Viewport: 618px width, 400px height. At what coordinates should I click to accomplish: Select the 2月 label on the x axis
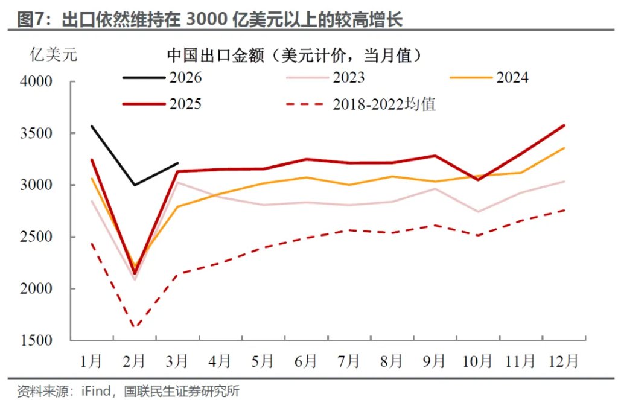(134, 361)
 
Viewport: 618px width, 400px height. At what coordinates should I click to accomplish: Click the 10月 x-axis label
(477, 361)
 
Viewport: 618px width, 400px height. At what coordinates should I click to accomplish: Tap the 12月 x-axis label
(564, 361)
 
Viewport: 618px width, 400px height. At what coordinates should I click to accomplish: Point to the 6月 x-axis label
(306, 361)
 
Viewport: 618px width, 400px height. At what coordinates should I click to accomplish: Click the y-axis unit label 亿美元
(54, 56)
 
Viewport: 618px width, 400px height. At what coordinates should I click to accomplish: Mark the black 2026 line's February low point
(134, 185)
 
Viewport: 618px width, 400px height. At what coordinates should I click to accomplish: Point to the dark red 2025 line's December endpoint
(564, 125)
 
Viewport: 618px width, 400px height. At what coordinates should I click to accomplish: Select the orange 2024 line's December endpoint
(564, 148)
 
